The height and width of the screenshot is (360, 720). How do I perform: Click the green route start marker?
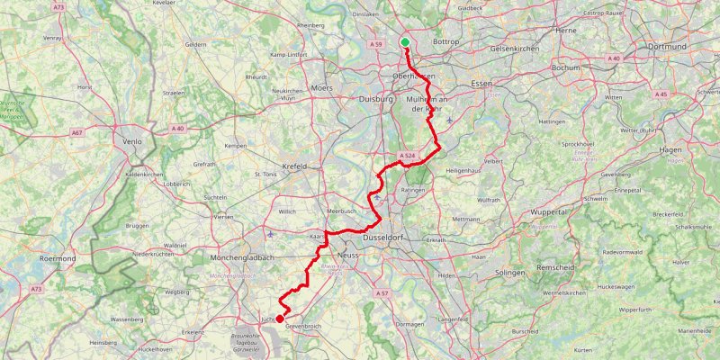405,42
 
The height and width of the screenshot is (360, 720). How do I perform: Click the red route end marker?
280,319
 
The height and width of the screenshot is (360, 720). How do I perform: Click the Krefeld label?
294,166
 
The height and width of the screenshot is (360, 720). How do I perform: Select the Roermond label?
57,258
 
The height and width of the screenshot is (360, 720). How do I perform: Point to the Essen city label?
481,85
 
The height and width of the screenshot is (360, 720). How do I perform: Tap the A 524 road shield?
406,157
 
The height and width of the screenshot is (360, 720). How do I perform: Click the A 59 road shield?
378,44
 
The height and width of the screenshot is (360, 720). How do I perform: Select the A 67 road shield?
78,132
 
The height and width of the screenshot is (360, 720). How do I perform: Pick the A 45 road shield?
661,94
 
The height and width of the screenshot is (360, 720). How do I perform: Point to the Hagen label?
671,149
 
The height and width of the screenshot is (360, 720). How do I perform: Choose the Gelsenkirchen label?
515,47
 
